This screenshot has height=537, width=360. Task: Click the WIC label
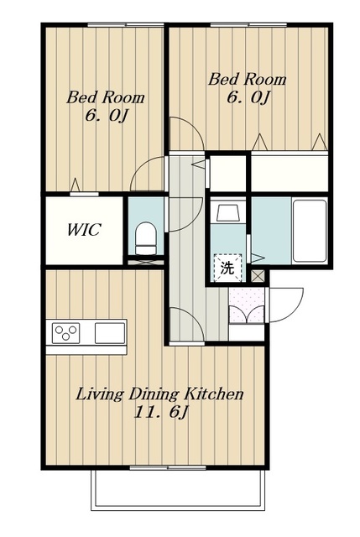(84, 229)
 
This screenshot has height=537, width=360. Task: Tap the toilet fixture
(145, 238)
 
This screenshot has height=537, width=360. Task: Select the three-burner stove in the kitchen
(65, 333)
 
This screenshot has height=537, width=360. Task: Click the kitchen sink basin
(110, 333)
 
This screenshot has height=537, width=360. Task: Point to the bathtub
(310, 231)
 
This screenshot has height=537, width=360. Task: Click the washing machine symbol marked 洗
(227, 268)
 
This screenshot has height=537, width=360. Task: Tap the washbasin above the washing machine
(227, 213)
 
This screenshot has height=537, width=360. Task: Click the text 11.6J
(161, 412)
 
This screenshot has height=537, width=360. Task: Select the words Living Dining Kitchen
(159, 394)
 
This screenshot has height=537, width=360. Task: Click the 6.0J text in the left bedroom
(107, 116)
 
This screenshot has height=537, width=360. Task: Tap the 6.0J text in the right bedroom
(248, 97)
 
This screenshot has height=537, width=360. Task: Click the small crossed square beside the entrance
(258, 276)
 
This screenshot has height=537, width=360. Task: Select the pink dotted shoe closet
(247, 305)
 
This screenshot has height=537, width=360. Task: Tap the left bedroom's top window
(125, 24)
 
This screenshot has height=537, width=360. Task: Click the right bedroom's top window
(248, 24)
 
